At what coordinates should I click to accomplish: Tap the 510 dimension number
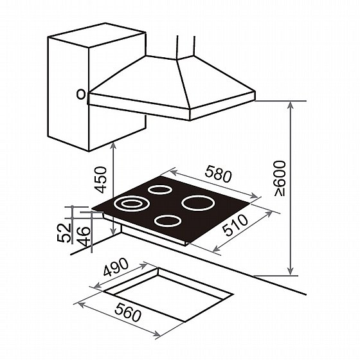point(235,225)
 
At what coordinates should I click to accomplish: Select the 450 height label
point(101,180)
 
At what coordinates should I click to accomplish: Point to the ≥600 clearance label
point(280,179)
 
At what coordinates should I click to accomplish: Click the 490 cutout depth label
point(116,267)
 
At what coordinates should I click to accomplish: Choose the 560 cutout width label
point(128,312)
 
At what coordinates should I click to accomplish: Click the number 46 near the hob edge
point(83,237)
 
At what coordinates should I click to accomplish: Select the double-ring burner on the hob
point(132,204)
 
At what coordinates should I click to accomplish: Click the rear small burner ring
point(159,190)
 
